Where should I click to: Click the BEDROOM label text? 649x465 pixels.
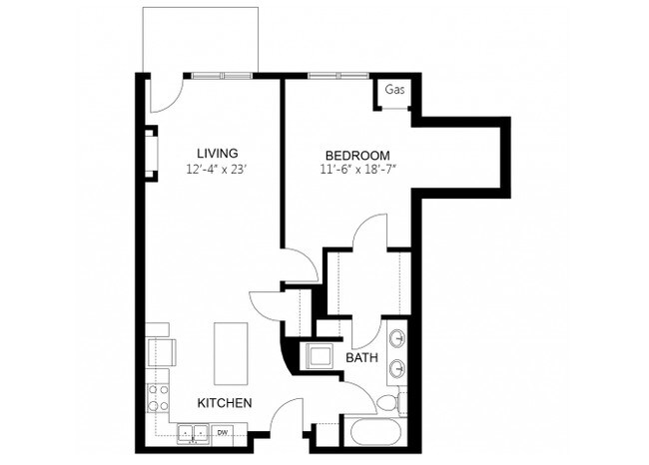coord(356,155)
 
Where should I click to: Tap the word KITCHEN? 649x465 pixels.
coord(224,402)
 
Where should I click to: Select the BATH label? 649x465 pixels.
coord(360,356)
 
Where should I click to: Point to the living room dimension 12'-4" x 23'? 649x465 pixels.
coord(216,170)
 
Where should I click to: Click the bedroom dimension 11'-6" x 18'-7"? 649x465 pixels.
coord(356,172)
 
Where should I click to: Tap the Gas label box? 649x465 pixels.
coord(395,91)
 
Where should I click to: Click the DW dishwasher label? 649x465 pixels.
coord(221,432)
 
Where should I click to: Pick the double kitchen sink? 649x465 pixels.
coord(193,432)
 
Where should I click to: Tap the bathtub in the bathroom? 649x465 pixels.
coord(377,435)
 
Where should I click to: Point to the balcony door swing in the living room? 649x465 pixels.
coord(165,95)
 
